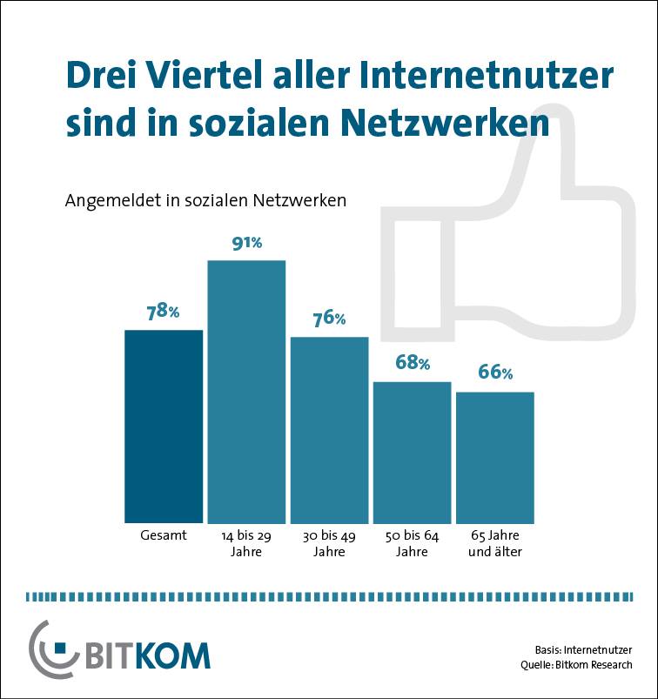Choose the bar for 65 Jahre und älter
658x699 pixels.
pos(494,456)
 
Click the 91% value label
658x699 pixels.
pos(246,243)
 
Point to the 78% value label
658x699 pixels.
pos(164,312)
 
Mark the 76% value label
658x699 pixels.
pos(329,319)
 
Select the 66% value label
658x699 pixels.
pos(494,373)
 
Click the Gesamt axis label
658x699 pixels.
pos(164,535)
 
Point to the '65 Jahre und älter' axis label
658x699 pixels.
pos(494,543)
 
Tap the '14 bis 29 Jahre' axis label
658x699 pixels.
pos(246,543)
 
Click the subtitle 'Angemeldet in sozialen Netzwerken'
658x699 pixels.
pos(206,200)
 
